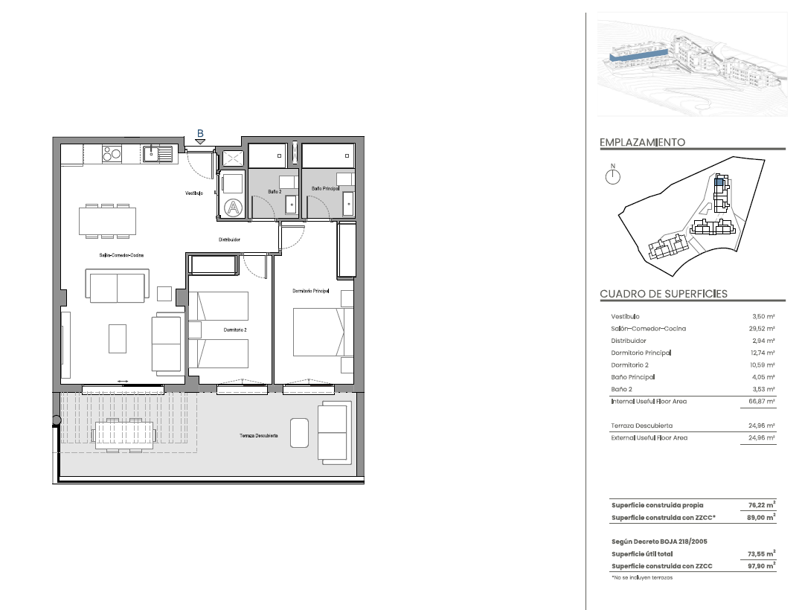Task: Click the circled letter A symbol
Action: (234, 208)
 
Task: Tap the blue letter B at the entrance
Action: (201, 134)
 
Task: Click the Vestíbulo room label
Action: (194, 193)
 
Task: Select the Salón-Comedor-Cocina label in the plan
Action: (122, 255)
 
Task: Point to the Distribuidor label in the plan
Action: (230, 240)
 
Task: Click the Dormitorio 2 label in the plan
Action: (235, 330)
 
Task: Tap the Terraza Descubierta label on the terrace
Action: (259, 436)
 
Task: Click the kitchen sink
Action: (157, 153)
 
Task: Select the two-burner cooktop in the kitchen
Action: (112, 153)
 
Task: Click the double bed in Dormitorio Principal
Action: (323, 332)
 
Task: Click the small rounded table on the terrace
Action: (299, 433)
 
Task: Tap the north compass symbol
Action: (613, 176)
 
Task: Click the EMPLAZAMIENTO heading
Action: (643, 142)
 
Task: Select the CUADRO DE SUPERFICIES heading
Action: (664, 294)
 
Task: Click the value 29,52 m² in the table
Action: (762, 329)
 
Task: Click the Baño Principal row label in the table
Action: (632, 377)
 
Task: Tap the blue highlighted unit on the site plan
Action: (719, 181)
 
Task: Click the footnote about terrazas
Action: (642, 578)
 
